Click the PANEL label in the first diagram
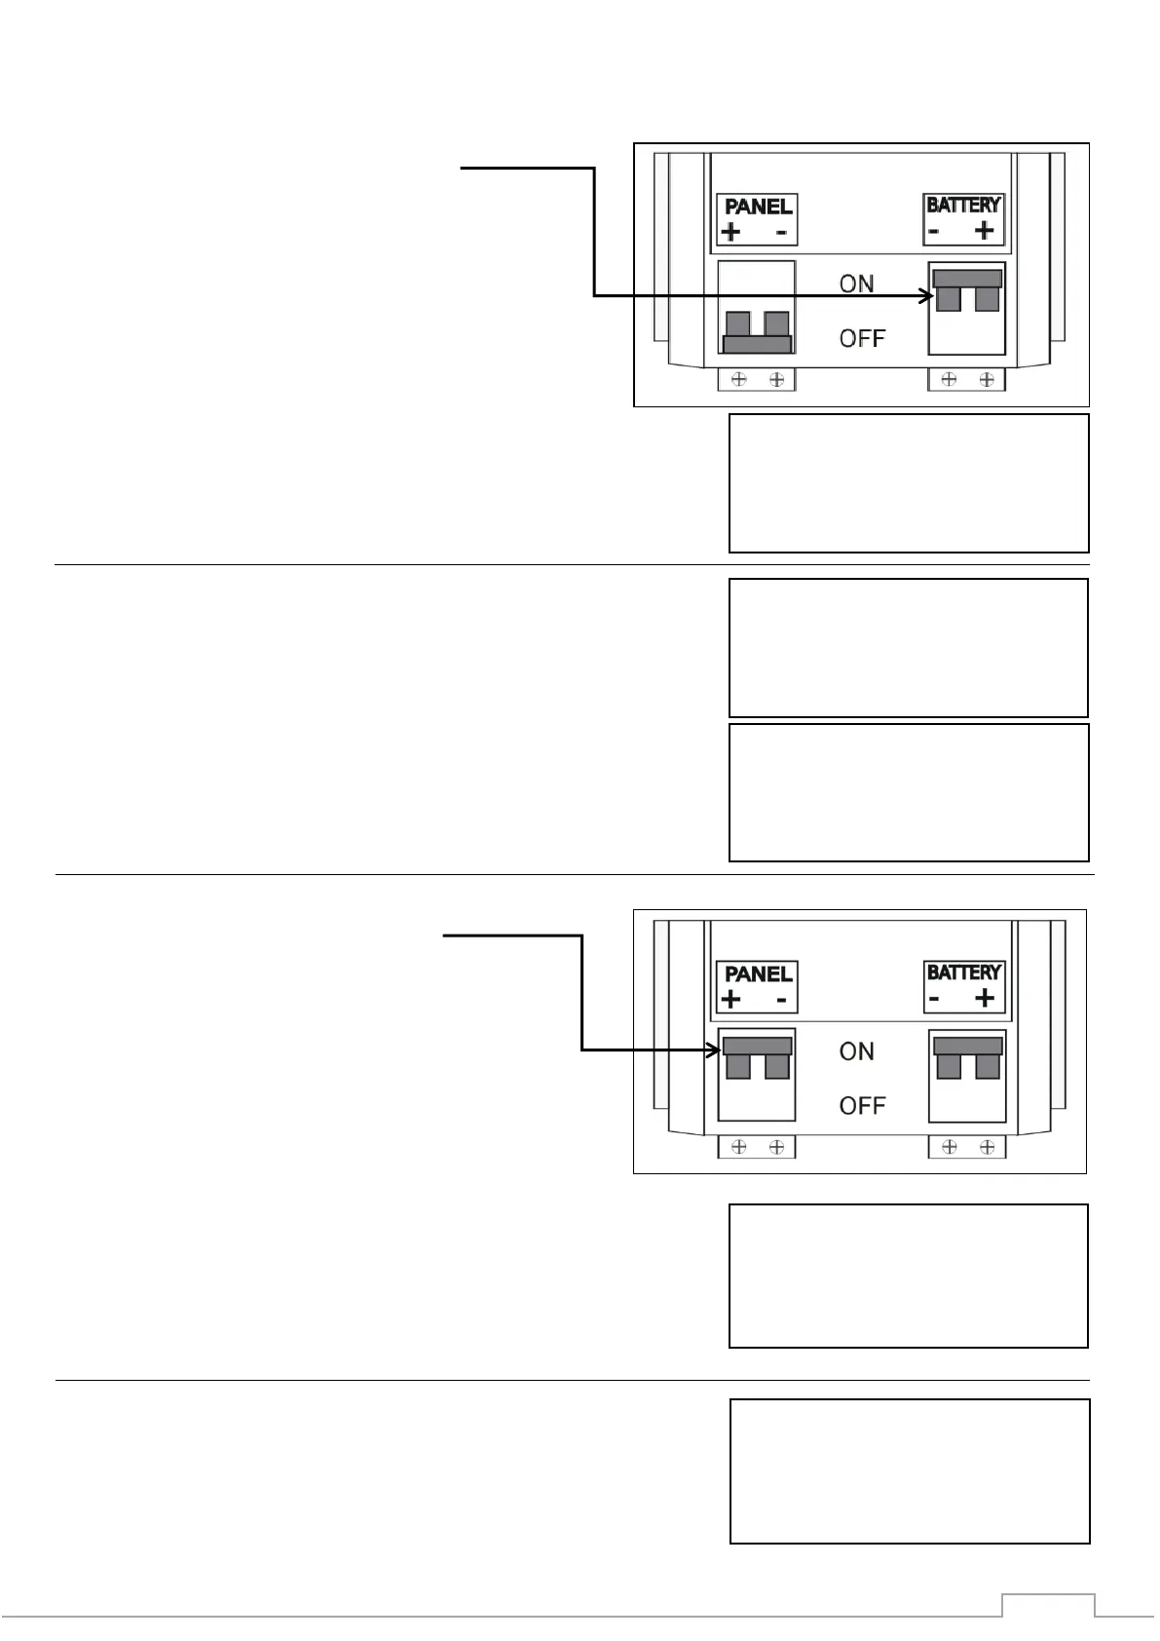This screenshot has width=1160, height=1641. point(758,206)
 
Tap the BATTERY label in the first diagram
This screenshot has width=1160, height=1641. point(963,205)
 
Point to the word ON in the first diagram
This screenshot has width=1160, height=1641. point(856,284)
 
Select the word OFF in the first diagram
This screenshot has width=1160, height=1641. point(862,338)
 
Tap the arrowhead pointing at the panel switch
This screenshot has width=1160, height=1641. point(714,1049)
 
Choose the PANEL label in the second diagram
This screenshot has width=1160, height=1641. point(758,973)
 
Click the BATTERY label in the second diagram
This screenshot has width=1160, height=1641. point(963,973)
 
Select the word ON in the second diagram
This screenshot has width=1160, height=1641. point(856,1051)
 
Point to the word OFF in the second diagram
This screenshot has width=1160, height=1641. point(862,1106)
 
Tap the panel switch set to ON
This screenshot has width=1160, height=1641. point(757,1057)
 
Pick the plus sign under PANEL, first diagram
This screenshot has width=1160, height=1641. point(730,233)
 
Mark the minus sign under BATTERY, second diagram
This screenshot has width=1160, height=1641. point(934,999)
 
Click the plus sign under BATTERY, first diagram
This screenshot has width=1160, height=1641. point(985,232)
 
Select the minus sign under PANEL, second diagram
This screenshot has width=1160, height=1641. point(781,1001)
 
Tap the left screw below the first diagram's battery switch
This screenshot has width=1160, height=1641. point(949,379)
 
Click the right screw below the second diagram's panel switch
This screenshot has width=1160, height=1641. point(777,1147)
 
